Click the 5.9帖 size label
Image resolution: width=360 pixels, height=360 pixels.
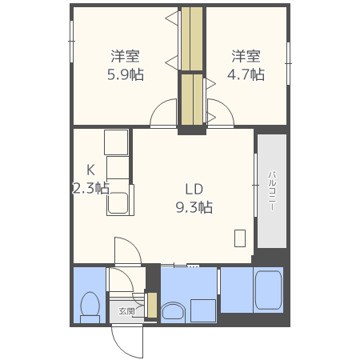[x=126, y=74]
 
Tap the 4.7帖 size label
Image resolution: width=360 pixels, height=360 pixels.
[x=246, y=74]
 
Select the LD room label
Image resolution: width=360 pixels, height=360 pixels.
[x=194, y=190]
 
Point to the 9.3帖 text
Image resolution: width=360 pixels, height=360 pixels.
[x=194, y=208]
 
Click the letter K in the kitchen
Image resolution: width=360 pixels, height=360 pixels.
[x=90, y=170]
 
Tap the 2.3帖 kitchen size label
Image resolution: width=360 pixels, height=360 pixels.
[x=90, y=189]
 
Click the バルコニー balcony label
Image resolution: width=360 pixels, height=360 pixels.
[x=272, y=190]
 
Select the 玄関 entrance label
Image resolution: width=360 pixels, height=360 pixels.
[x=127, y=310]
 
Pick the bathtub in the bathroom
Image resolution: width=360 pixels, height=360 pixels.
[x=267, y=291]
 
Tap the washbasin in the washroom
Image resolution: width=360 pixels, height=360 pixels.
[x=173, y=310]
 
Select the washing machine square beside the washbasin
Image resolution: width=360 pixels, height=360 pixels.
[x=202, y=310]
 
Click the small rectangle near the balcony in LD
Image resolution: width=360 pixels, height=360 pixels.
[x=240, y=238]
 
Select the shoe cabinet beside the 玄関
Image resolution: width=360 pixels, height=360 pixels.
[x=150, y=305]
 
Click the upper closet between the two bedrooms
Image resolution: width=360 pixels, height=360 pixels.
[x=192, y=40]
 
